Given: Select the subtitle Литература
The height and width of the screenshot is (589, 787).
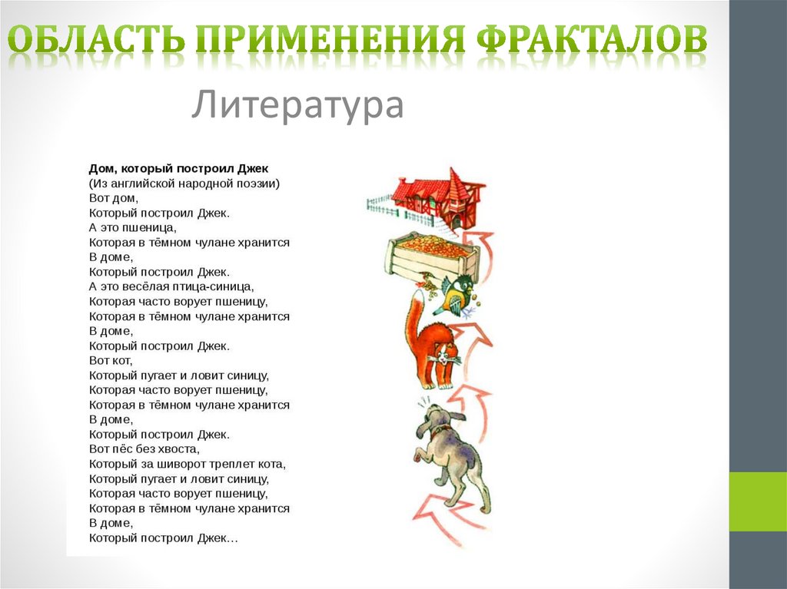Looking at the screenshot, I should click(x=297, y=105).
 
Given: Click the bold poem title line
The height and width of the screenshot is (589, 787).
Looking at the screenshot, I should click(x=178, y=168).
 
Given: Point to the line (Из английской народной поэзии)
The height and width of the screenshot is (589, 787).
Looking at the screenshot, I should click(x=184, y=183).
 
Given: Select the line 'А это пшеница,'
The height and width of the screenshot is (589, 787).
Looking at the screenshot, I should click(x=133, y=227).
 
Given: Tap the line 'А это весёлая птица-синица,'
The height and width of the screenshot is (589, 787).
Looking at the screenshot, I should click(x=171, y=286).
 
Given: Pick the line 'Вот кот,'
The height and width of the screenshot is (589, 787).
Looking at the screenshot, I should click(x=111, y=360).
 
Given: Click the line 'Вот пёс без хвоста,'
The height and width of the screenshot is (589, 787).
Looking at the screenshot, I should click(x=144, y=448).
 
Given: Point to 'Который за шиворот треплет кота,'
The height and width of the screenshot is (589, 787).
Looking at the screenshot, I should click(x=188, y=464).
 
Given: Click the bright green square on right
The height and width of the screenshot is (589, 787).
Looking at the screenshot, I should click(x=757, y=501).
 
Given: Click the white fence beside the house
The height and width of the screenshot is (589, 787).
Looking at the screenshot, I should click(x=380, y=204).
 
